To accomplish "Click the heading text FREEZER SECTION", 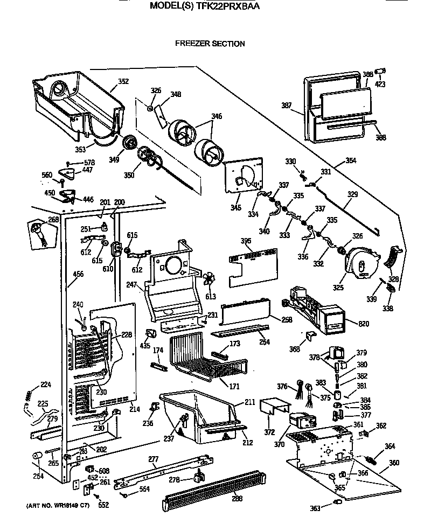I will point(210,44).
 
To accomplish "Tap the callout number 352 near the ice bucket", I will point(123,82).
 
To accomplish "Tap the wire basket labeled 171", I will point(207,358).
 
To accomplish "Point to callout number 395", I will point(246,241).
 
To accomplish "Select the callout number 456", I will point(78,275).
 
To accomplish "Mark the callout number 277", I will point(154,459).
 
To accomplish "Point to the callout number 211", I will point(250,402).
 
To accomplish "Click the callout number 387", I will point(286,106).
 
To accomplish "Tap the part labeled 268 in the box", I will point(39,233).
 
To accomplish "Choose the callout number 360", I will point(394,463).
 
